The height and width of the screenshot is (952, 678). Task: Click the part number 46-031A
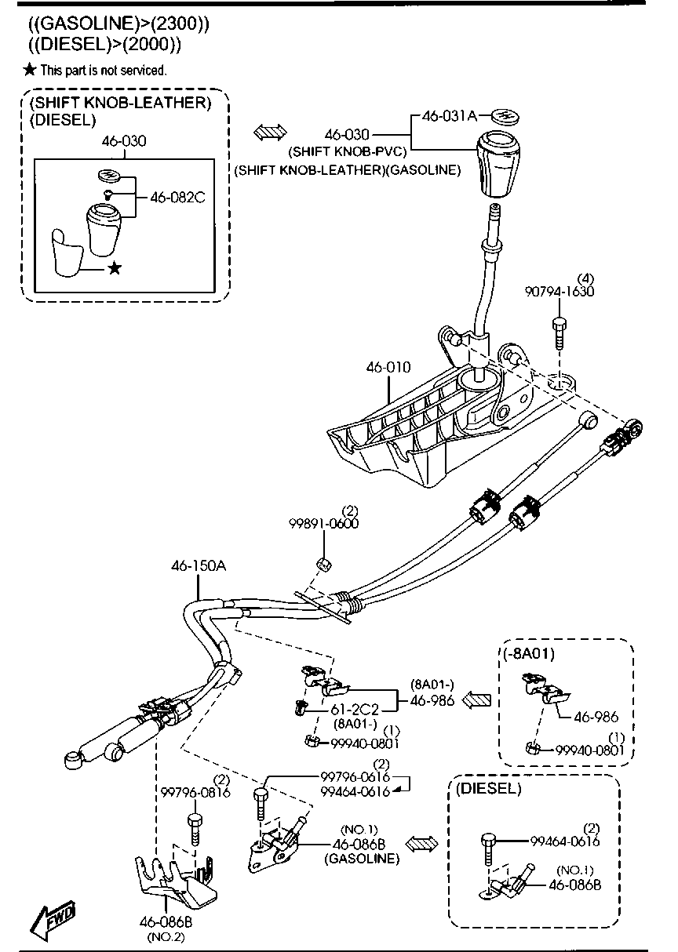450,116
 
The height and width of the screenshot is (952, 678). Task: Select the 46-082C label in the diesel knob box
172,198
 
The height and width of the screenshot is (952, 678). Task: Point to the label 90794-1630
560,292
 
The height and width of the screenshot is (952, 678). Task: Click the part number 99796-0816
195,792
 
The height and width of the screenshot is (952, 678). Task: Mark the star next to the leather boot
115,268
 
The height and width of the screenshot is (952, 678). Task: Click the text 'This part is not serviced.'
104,71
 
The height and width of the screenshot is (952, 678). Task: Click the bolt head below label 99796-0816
195,820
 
